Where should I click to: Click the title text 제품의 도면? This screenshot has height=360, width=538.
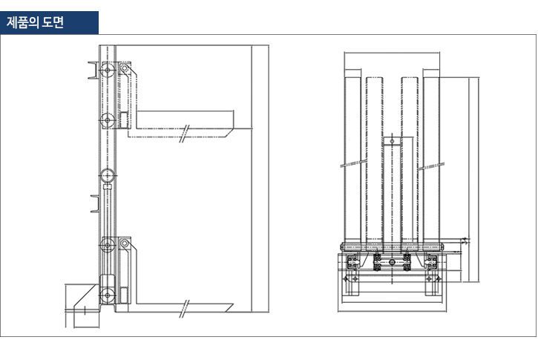[35, 22]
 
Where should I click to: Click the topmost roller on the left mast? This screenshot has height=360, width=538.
[108, 72]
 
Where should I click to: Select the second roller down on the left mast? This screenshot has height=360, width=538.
[108, 120]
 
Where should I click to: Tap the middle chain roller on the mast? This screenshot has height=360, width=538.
[108, 176]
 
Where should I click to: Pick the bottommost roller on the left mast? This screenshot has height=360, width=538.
[108, 295]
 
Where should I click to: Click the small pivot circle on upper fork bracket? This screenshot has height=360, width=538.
[125, 71]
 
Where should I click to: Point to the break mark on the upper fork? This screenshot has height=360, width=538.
[184, 133]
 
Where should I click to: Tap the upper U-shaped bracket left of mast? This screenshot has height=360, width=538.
[93, 73]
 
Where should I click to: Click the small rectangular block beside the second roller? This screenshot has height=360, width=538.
[124, 120]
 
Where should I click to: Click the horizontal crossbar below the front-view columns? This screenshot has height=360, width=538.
[391, 246]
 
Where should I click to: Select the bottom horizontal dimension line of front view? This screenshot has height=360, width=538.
[391, 310]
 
